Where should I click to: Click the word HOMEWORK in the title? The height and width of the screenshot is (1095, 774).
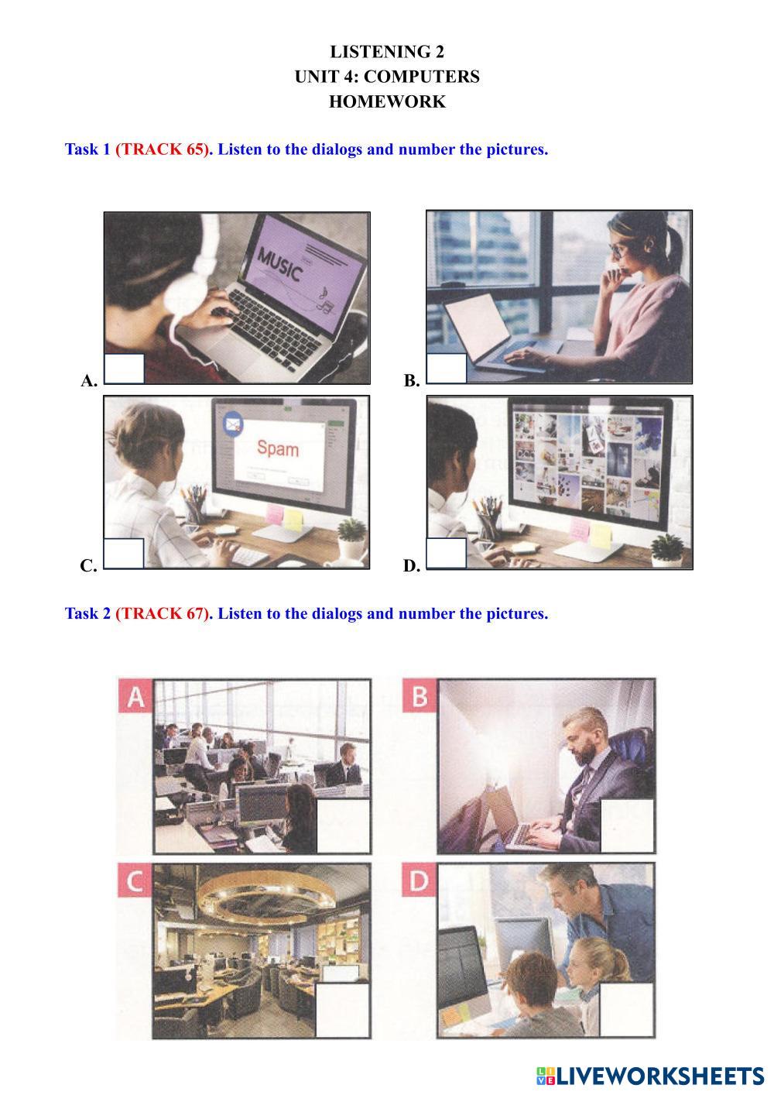click(x=387, y=101)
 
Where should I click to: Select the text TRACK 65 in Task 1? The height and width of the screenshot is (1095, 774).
click(x=162, y=149)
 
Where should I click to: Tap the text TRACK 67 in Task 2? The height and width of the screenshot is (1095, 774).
click(x=162, y=613)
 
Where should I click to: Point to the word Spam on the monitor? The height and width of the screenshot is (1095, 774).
click(x=278, y=448)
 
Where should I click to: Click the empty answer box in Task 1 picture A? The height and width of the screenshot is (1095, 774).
click(x=124, y=369)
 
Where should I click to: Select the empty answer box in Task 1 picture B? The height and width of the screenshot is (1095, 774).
click(x=446, y=368)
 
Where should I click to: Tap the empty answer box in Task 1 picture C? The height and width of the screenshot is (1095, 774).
click(x=124, y=554)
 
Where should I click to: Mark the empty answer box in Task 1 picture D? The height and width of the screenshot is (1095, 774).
click(x=446, y=554)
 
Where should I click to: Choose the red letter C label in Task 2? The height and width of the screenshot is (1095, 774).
click(x=135, y=880)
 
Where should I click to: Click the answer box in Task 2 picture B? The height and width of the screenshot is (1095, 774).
click(x=628, y=826)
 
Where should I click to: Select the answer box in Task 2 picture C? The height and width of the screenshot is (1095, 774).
click(x=343, y=1011)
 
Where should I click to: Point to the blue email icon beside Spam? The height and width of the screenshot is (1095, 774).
click(x=233, y=422)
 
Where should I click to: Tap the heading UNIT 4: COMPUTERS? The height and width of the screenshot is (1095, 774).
click(x=387, y=77)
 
